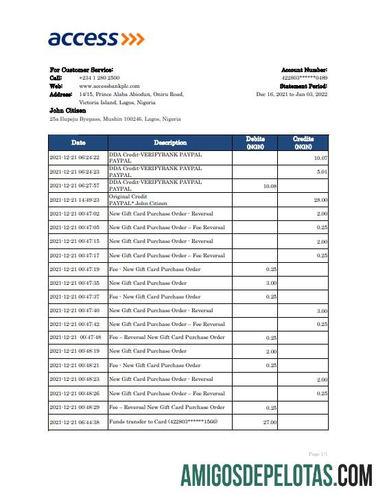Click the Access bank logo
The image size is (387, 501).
pos(96,38)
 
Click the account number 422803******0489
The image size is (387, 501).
pos(304,78)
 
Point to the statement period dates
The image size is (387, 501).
pos(292,94)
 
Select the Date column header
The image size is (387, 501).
pos(78,143)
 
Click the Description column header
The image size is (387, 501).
pos(170,143)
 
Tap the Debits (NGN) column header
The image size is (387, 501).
pos(255,143)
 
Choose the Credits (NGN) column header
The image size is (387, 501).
pos(303,143)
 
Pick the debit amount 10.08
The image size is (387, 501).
pos(270,186)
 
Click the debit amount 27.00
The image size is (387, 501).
pos(270,423)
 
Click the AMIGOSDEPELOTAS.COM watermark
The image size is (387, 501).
pos(277,476)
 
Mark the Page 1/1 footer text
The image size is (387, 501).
pos(318,454)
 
